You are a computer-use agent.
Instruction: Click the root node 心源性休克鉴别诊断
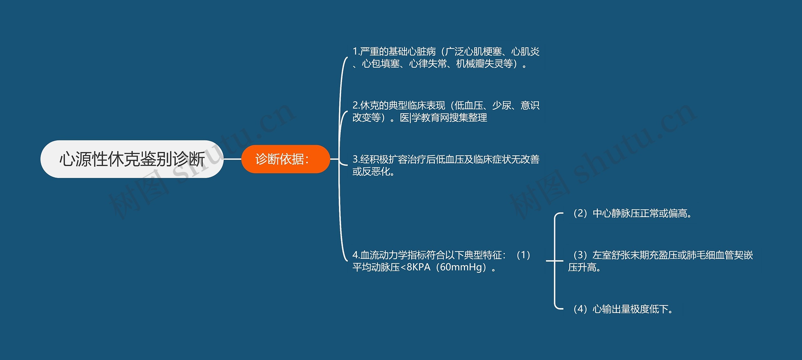[132, 159]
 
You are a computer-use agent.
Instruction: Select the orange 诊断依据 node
[285, 159]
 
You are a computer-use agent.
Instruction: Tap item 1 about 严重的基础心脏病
[446, 58]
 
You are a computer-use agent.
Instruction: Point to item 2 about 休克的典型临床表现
[446, 112]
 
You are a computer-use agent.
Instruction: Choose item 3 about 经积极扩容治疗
[446, 165]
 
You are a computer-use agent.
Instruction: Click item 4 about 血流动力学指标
[442, 261]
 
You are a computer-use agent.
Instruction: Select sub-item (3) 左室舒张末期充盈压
[660, 261]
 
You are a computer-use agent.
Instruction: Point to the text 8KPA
[419, 267]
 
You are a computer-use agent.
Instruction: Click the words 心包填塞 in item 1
[381, 64]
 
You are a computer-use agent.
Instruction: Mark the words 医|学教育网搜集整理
[444, 118]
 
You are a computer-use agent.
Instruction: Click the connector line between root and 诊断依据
[232, 159]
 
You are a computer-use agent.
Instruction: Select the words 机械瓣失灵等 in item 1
[484, 64]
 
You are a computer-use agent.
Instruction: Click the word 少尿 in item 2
[502, 106]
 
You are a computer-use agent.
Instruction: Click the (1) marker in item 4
[523, 255]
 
